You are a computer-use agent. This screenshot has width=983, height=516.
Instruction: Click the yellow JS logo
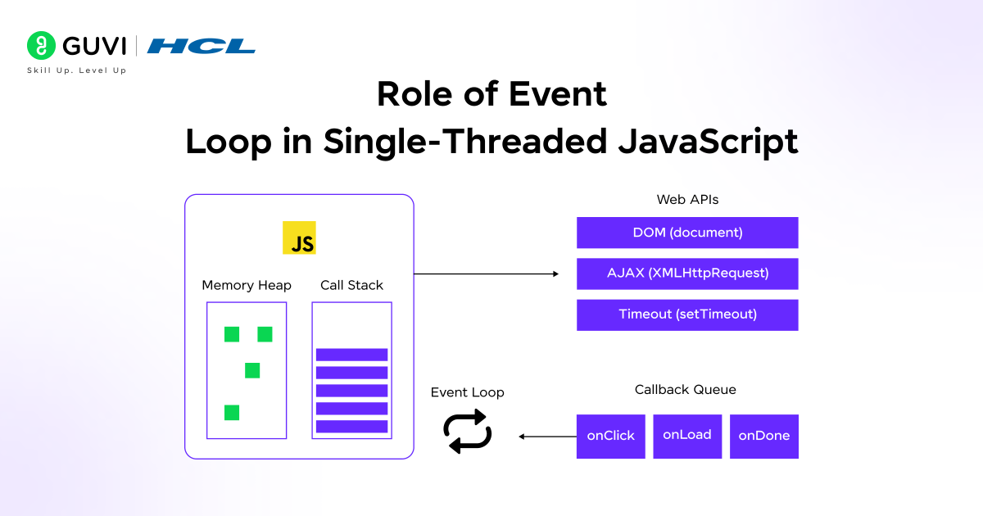tap(299, 238)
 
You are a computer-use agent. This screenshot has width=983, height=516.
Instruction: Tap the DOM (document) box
tap(687, 233)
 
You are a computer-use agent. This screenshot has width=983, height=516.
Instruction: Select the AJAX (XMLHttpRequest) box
tap(687, 274)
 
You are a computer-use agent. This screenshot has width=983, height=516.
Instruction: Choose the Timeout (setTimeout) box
tap(687, 315)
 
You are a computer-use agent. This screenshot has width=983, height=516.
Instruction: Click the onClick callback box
tap(611, 436)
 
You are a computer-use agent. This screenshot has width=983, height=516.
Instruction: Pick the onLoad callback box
tap(687, 435)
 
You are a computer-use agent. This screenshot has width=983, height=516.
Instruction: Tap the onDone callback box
tap(764, 436)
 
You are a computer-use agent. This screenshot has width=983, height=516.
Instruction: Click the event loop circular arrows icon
tap(468, 432)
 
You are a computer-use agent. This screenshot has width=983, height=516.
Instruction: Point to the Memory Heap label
tap(247, 286)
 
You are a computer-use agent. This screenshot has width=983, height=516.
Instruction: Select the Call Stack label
tap(351, 286)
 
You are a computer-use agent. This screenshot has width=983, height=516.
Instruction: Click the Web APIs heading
tap(687, 200)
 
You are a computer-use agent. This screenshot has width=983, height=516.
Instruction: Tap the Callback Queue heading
tap(686, 390)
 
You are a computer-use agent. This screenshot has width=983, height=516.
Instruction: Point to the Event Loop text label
tap(468, 393)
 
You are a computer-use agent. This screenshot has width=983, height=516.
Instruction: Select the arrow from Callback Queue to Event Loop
tap(547, 437)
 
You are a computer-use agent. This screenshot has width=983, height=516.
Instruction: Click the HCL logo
tap(202, 46)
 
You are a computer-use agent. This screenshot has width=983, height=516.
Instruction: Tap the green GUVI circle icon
tap(41, 46)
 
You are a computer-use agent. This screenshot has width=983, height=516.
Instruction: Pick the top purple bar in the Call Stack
tap(351, 355)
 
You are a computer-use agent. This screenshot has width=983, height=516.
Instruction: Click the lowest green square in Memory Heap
tap(232, 413)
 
